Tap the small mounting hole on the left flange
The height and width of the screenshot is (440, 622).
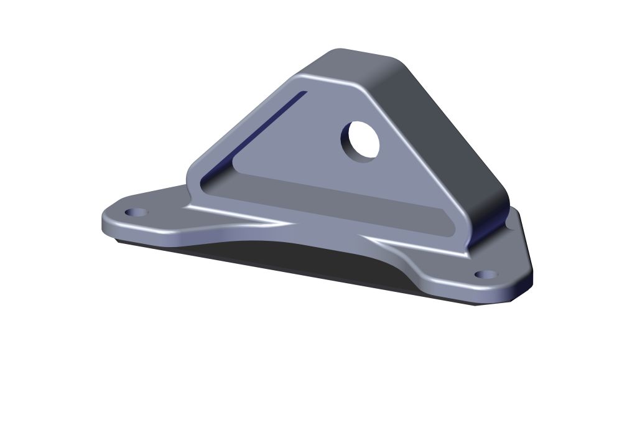click(x=136, y=212)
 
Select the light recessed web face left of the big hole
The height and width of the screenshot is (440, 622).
click(x=299, y=149)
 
